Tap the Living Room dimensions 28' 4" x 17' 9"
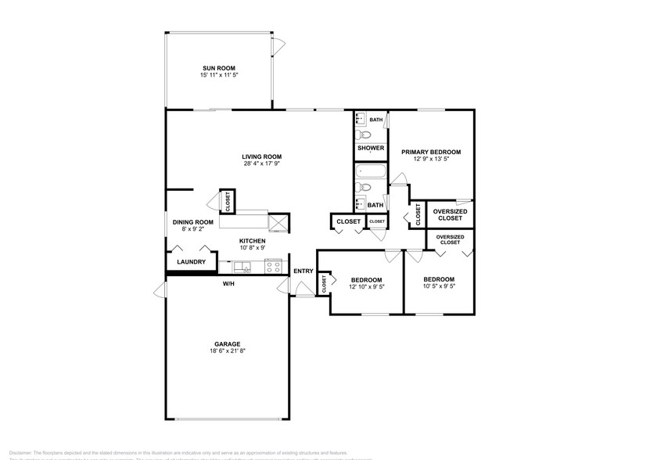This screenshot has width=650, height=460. coord(262,164)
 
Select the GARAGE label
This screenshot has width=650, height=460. coord(228,343)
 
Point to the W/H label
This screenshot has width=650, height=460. coord(229,283)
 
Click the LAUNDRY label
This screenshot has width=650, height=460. coord(191,262)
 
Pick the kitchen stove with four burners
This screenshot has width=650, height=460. coord(274,267)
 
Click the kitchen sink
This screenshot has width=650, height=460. coord(246,268)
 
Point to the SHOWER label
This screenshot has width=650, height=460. coord(371,148)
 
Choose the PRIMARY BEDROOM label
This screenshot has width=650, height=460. coord(431,152)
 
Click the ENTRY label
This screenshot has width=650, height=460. coord(303,271)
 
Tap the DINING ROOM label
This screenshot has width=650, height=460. coord(192,221)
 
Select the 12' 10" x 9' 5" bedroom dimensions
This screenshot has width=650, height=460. coord(366,287)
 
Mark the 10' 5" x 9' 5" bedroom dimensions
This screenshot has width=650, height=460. coord(439,287)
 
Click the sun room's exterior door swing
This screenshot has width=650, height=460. coord(275,47)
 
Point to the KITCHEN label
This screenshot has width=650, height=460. coord(252,240)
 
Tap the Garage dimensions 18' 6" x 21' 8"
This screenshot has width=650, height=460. coord(228,351)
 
